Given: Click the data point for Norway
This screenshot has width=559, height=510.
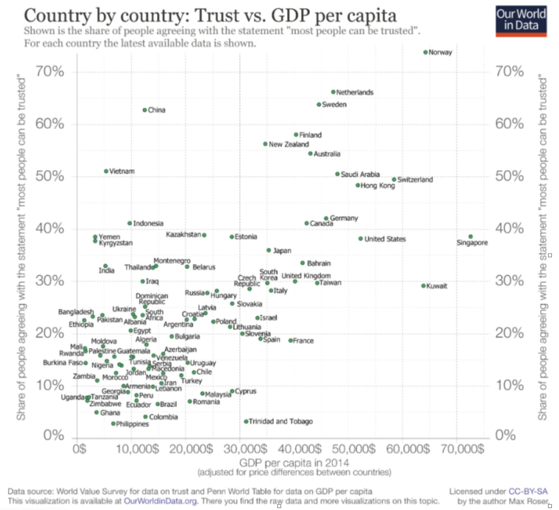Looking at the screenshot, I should tap(426, 52).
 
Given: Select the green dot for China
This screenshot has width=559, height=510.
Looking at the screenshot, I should tap(145, 110).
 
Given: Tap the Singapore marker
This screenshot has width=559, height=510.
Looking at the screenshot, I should tap(471, 237).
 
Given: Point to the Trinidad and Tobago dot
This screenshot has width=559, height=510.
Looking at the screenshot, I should tap(246, 422).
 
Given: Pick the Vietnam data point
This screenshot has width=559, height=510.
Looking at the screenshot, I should tap(106, 171).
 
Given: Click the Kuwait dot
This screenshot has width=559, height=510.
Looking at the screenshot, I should tap(424, 286).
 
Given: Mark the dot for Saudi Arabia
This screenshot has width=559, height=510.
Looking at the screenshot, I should tap(337, 174).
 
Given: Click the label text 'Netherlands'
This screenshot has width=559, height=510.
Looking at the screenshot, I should tap(355, 92).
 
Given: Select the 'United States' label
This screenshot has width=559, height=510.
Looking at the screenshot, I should tap(385, 239).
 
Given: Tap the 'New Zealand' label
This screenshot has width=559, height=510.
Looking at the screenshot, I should tap(289, 145).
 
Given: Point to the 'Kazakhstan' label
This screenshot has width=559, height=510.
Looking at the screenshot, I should tap(183, 235).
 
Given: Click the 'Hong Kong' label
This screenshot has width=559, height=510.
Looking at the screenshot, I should tap(378, 186).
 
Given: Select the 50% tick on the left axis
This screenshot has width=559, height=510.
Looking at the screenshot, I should tap(51, 177).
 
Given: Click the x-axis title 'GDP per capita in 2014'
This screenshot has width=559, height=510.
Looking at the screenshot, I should tap(278, 463).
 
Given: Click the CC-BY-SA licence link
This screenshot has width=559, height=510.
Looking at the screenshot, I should tap(525, 491).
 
